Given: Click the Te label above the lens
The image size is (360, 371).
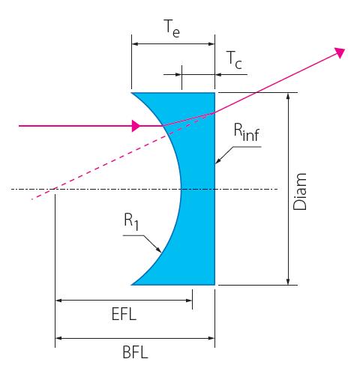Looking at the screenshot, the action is click(x=172, y=28).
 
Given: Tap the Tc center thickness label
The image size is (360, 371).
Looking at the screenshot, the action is click(x=235, y=60).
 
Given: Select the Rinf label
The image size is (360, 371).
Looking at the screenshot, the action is click(x=247, y=133).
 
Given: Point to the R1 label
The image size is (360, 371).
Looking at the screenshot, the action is click(x=131, y=222).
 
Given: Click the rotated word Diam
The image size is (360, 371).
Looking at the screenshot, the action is click(x=299, y=191).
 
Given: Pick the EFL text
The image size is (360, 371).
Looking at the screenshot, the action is click(x=124, y=314).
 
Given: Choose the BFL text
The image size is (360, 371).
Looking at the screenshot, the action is click(x=135, y=352).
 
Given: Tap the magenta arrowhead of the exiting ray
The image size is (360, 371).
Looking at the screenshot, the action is click(x=339, y=52).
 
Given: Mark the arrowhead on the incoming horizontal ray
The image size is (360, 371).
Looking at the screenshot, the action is click(x=136, y=126).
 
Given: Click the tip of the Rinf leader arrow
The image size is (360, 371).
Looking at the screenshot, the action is click(x=215, y=163).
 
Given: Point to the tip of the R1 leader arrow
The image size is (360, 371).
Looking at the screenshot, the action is click(x=161, y=253).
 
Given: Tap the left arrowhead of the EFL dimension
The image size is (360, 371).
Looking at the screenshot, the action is click(x=58, y=301).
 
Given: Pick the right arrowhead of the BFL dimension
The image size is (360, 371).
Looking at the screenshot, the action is click(x=211, y=338).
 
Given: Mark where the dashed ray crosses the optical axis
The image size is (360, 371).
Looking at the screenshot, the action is click(x=52, y=189).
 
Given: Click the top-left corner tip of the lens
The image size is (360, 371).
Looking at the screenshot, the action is click(x=131, y=93).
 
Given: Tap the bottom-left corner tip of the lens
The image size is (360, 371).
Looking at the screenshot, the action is click(x=131, y=285).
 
